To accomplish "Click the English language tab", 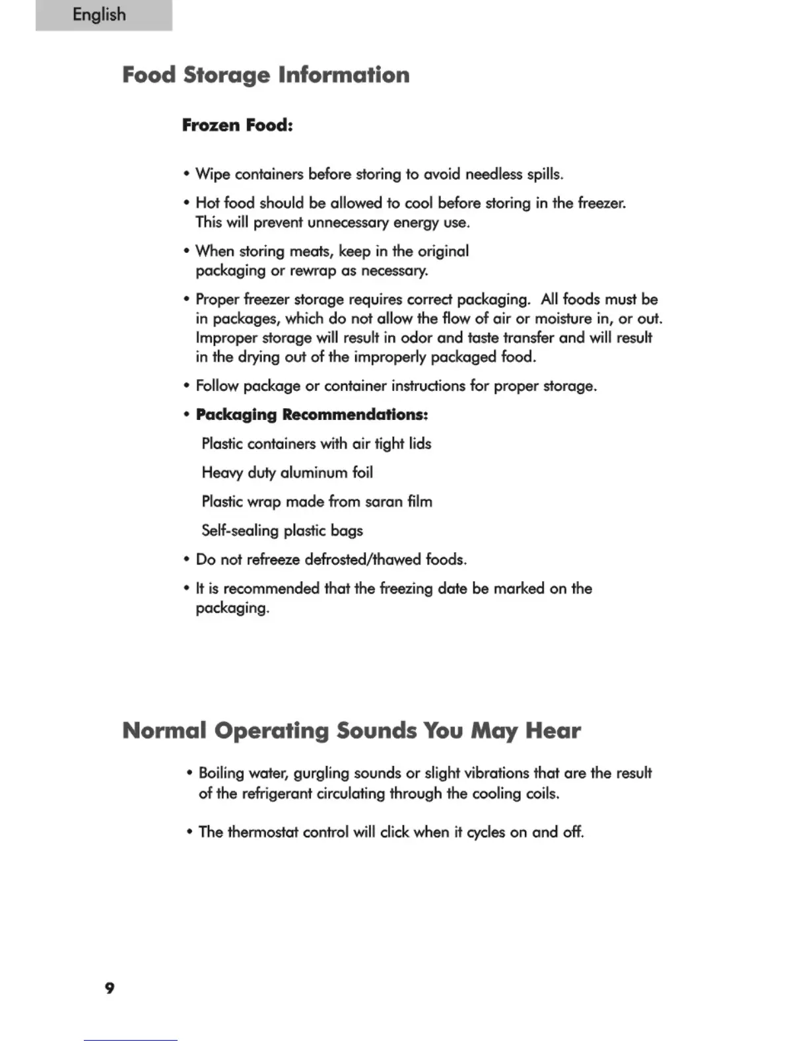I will (100, 15).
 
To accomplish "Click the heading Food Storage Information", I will (266, 75).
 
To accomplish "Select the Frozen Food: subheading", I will (237, 125).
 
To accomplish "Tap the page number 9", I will (110, 988).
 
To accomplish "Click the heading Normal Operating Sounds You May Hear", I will (351, 730).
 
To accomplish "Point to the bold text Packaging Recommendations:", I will (312, 415).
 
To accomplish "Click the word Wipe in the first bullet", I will (213, 174).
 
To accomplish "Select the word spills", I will (545, 174).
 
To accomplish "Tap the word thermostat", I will (263, 832).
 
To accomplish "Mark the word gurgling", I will (321, 773).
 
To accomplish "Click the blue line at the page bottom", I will (131, 1040).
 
